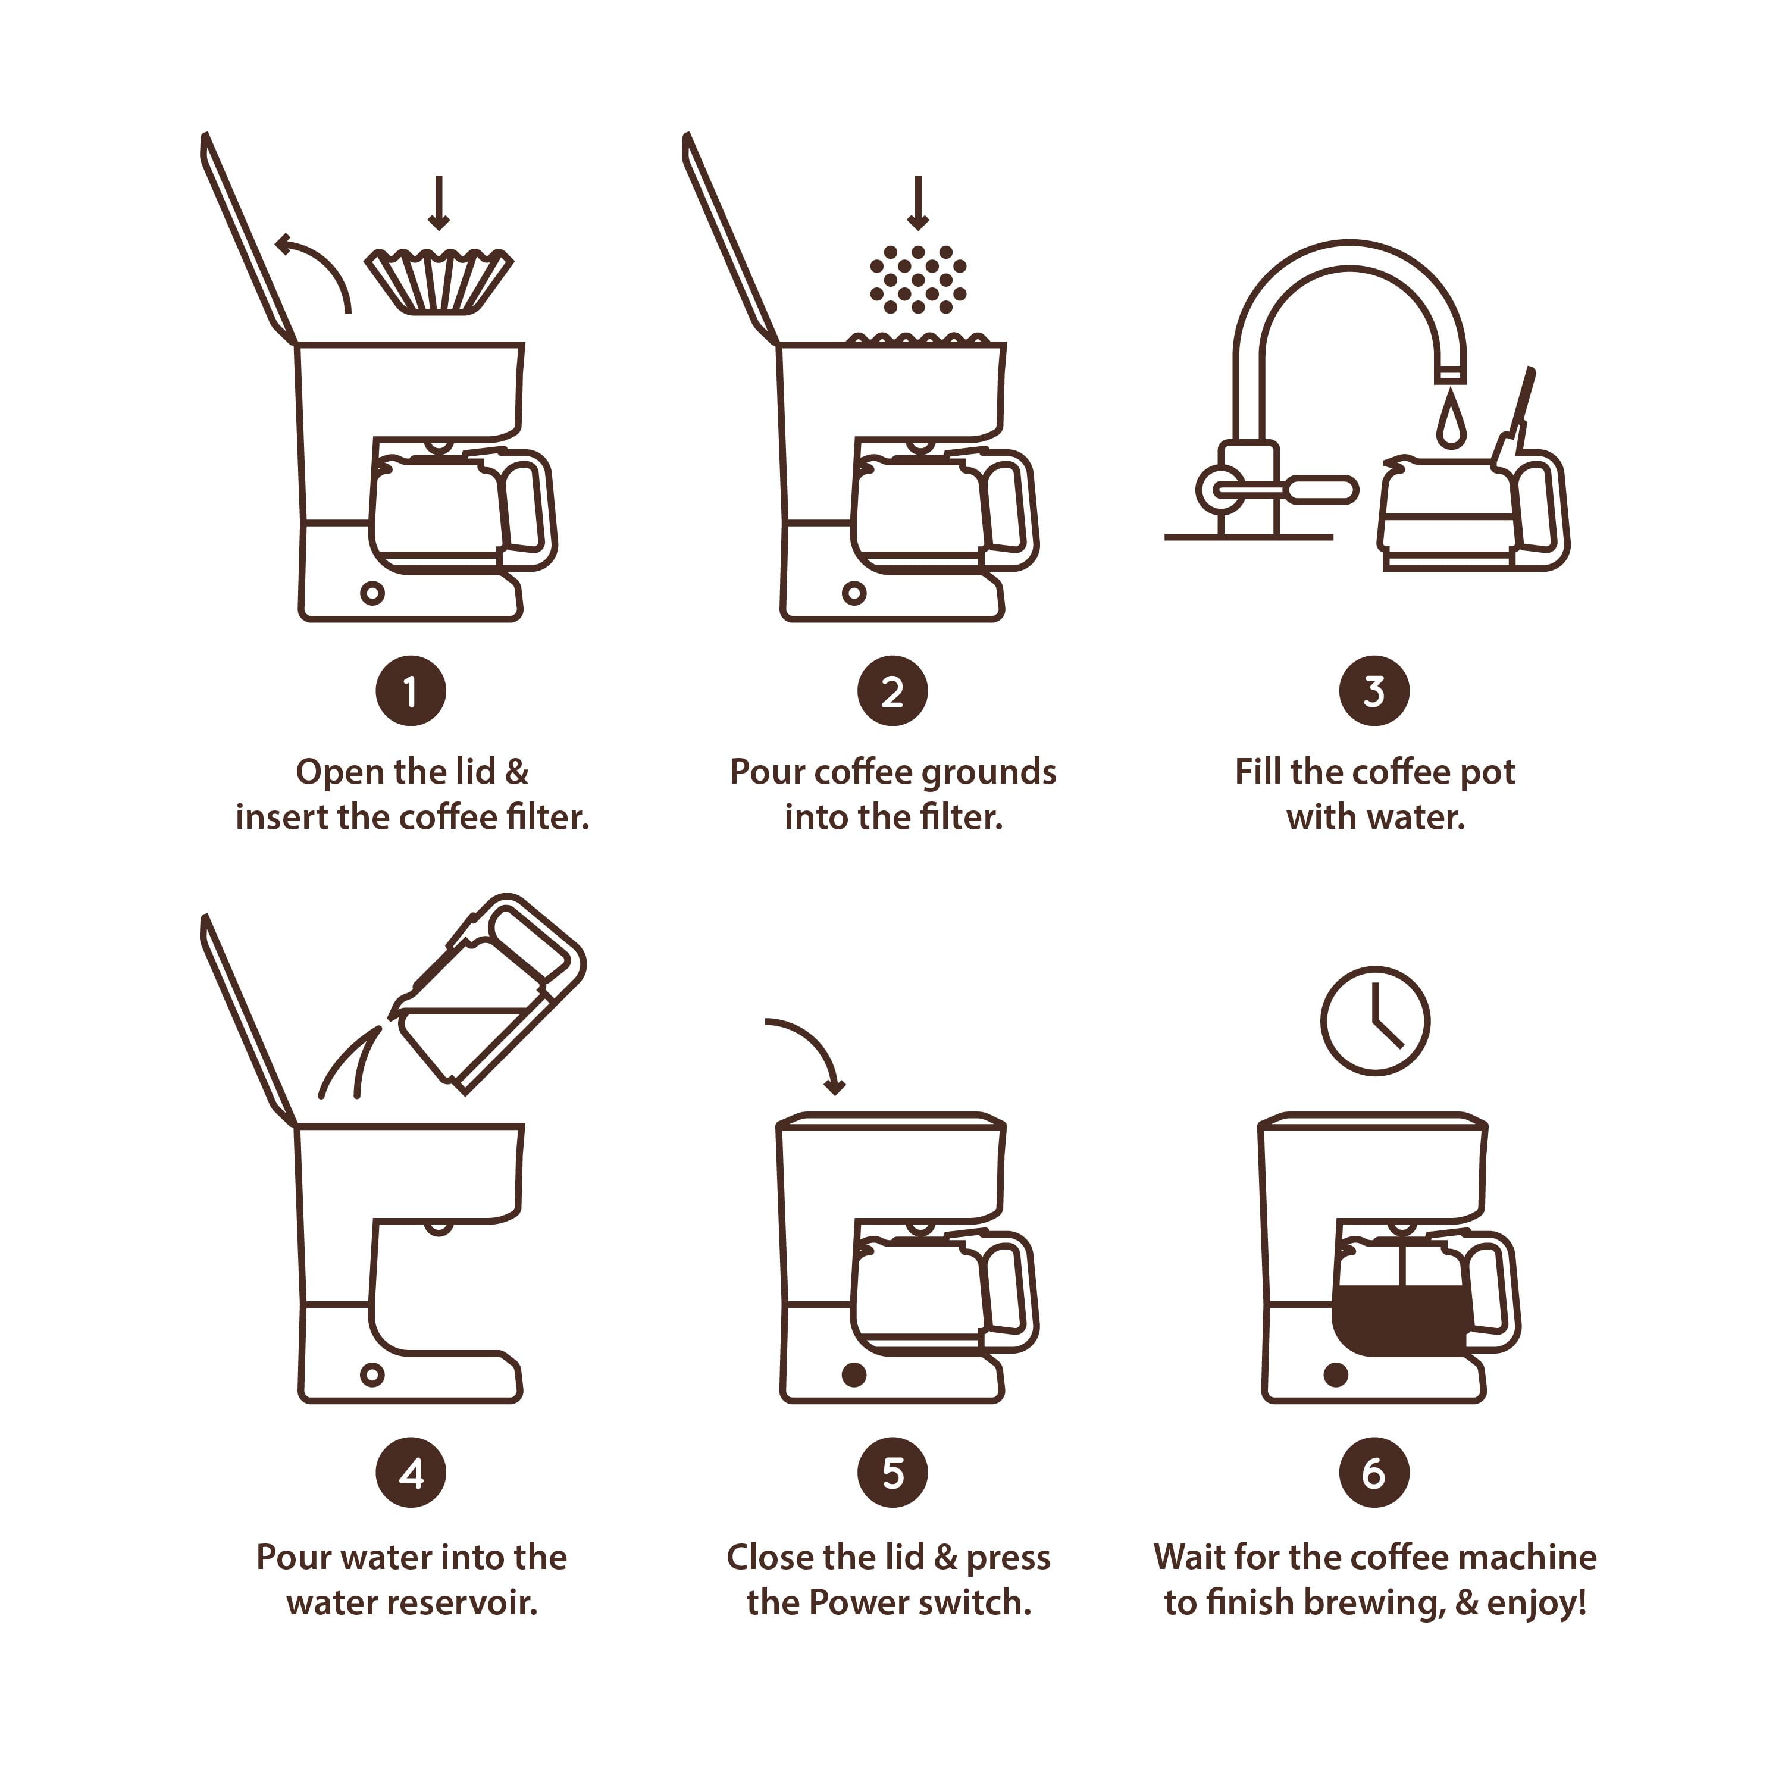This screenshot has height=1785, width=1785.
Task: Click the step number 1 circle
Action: click(410, 691)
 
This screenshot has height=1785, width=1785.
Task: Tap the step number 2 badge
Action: click(892, 691)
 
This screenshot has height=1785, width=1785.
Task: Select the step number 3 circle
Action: click(1375, 691)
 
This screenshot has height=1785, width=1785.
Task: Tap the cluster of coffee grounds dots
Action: click(917, 279)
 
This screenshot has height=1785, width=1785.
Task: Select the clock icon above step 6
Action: click(1375, 1021)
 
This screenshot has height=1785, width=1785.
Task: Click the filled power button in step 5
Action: click(854, 1375)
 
